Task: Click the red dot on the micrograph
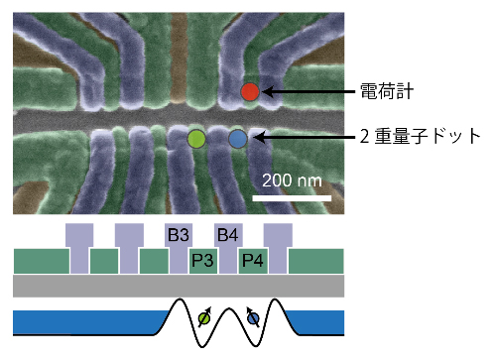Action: coord(250,92)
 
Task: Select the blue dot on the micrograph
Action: coord(237,138)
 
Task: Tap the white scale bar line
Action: coord(293,197)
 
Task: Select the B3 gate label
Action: coord(179,236)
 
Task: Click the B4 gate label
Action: coord(228,236)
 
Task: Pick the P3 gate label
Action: coord(203,262)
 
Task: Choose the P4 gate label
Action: coord(253,262)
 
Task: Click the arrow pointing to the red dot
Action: coord(308,92)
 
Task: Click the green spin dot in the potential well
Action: coord(203,318)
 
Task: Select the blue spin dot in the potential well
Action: coord(253,318)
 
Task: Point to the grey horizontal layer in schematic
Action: coord(179,286)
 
